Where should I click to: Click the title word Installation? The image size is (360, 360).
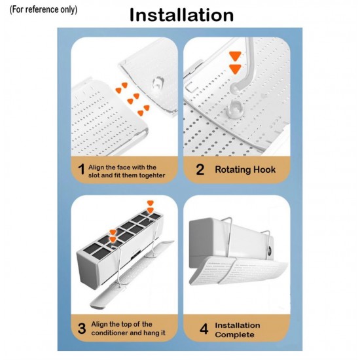point(181,15)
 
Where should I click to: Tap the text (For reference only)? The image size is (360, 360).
point(43,10)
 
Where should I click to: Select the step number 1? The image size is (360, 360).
point(81,170)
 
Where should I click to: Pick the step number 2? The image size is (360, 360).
point(200,170)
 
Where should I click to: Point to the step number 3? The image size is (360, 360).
point(82,329)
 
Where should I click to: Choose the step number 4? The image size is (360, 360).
point(204,329)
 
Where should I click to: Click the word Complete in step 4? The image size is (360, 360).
point(234,334)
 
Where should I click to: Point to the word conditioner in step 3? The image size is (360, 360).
point(109,333)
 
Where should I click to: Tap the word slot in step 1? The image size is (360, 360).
point(94,175)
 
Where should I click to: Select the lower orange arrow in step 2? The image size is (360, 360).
point(236,69)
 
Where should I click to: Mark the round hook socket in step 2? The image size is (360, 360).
point(235,109)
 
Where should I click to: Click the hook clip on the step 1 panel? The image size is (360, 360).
point(158,84)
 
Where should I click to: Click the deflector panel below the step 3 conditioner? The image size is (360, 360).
point(132,275)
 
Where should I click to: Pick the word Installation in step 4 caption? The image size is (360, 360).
point(238,325)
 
